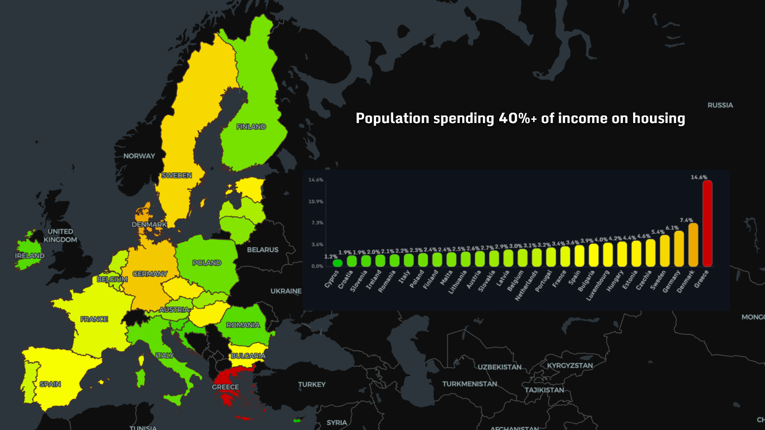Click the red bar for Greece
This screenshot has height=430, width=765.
click(707, 223)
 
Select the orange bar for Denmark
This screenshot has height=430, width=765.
click(693, 245)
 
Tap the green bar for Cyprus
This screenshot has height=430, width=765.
click(337, 263)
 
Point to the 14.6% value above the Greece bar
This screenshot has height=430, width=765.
click(699, 177)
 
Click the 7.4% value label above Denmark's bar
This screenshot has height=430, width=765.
click(686, 220)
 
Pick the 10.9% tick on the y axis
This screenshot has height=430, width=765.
click(316, 201)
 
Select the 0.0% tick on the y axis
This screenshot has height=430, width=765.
click(317, 266)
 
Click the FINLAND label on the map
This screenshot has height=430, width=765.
click(251, 127)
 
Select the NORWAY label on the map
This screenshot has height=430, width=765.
click(139, 156)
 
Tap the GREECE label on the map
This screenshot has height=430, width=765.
click(226, 387)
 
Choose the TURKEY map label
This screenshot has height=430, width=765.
click(312, 384)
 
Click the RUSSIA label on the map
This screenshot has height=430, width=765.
click(720, 105)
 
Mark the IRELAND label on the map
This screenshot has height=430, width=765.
click(29, 256)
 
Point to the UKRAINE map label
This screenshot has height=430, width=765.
click(286, 291)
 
